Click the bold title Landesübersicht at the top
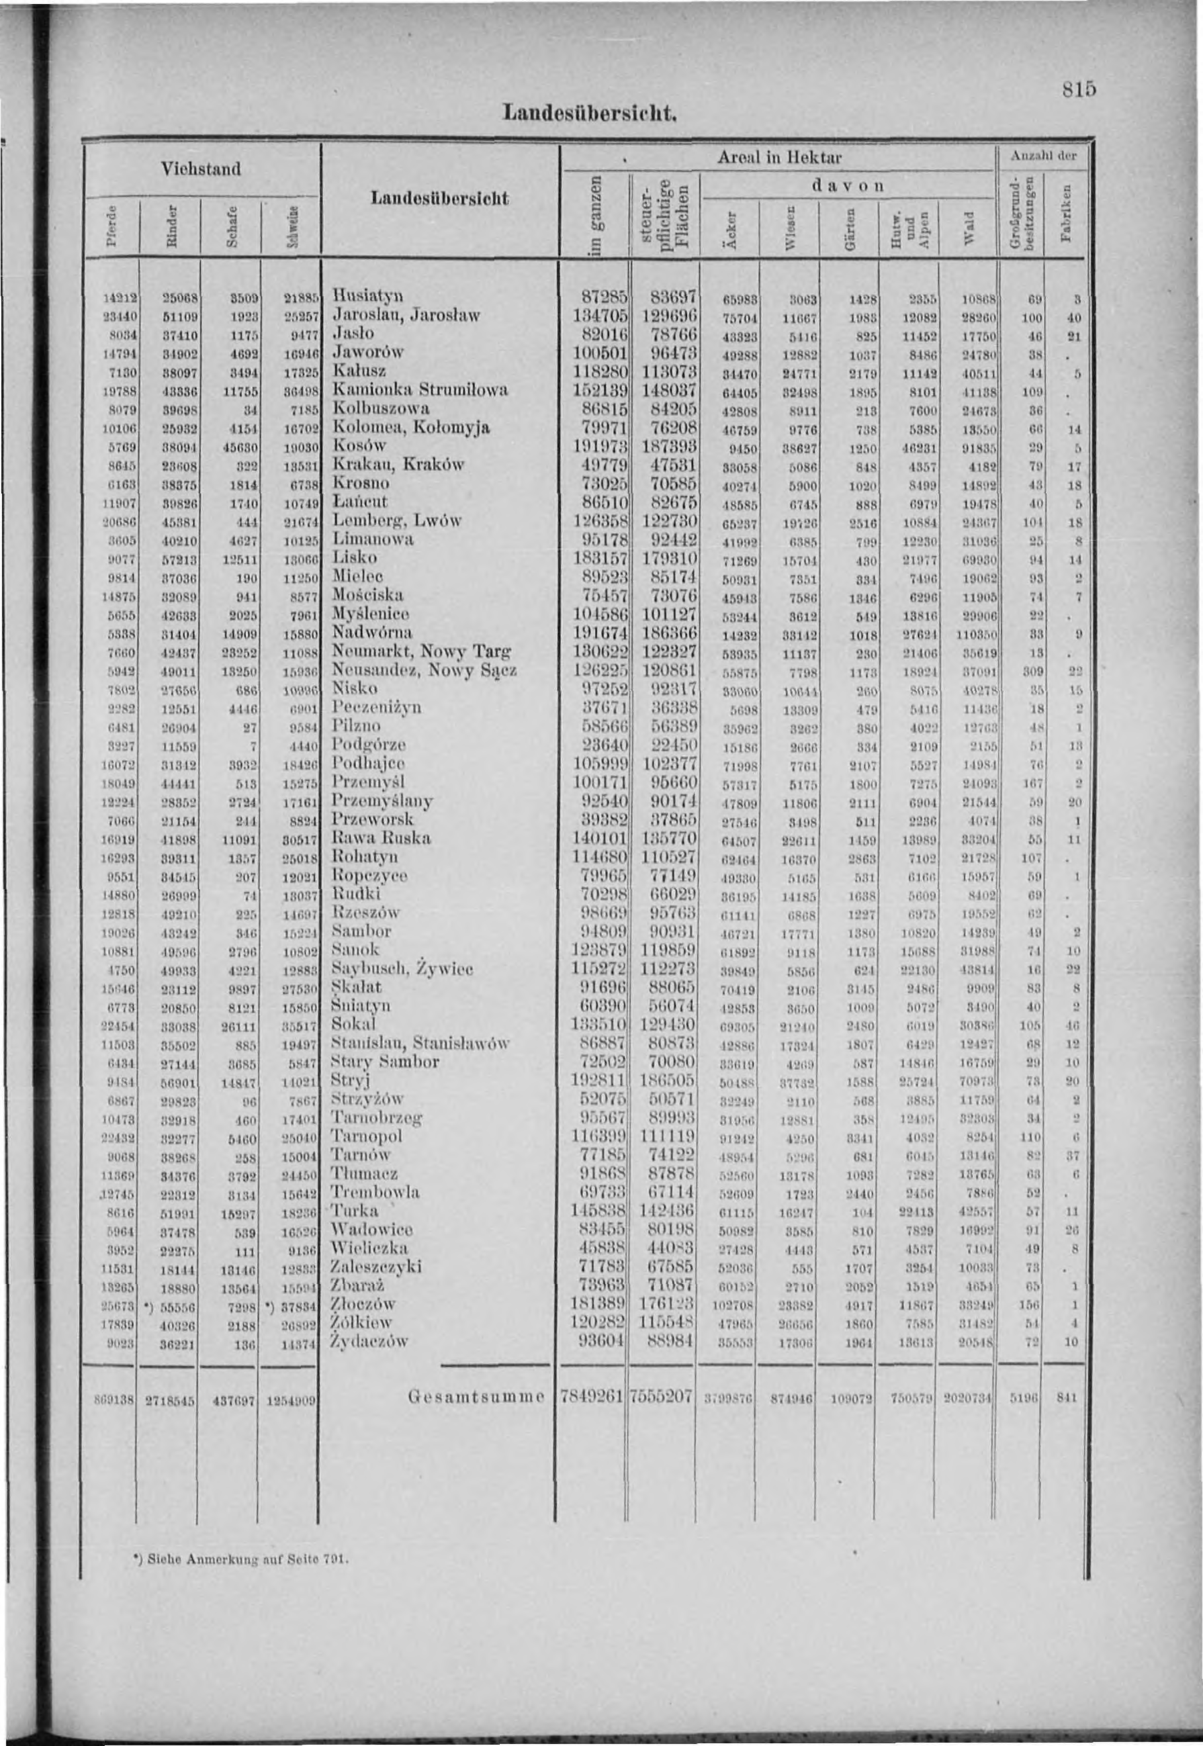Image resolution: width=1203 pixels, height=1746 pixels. point(591,115)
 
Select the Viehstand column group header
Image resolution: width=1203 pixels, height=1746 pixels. point(202,168)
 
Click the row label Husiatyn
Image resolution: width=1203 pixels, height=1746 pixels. point(369,295)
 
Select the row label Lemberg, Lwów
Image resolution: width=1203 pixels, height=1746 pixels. point(396,520)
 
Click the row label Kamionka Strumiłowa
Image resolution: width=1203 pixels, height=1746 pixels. point(420,389)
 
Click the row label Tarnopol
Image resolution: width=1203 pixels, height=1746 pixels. point(366,1136)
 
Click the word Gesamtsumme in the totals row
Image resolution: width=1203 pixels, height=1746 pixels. point(476,1397)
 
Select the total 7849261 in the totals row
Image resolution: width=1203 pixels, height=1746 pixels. point(593,1395)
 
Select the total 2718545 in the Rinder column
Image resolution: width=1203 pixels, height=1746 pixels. point(168,1399)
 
